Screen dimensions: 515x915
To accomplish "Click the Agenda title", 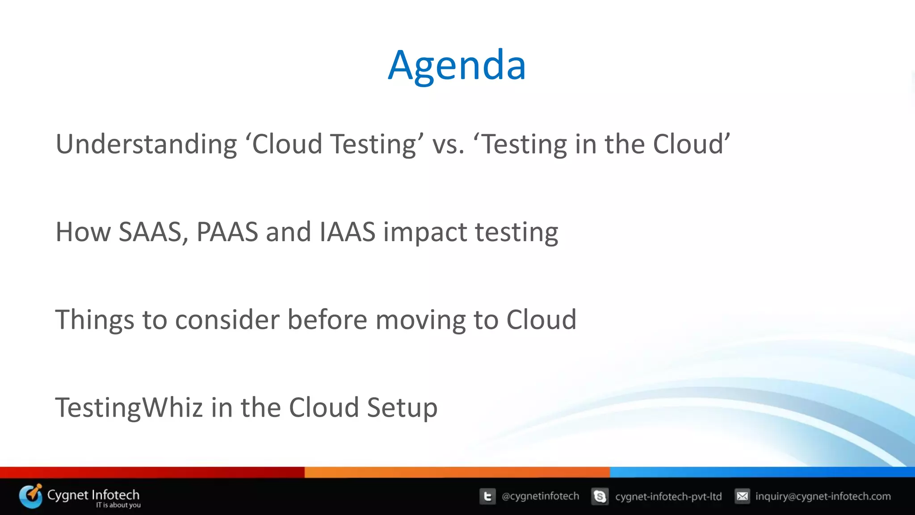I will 457,66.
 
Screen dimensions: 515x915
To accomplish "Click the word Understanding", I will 146,144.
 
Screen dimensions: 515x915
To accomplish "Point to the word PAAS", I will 227,232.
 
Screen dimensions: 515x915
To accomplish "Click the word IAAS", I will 347,232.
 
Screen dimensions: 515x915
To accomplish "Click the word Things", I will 94,320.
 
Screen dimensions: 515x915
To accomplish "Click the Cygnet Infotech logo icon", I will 30,496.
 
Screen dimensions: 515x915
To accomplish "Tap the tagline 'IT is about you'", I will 118,505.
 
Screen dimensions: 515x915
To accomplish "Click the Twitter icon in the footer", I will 487,496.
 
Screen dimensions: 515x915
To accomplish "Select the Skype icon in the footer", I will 600,496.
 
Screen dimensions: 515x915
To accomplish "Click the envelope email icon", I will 742,496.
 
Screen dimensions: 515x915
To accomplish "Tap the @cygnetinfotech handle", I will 540,496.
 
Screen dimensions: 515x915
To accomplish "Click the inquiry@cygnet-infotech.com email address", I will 823,496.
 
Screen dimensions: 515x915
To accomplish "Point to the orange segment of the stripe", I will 457,472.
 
